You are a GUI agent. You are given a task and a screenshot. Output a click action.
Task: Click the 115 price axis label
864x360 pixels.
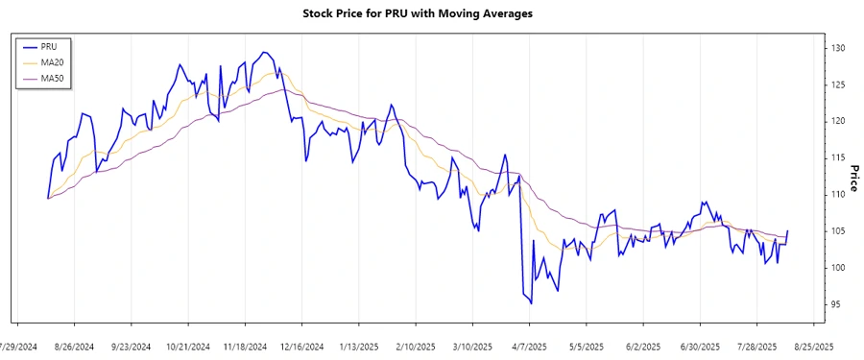pyautogui.click(x=838, y=157)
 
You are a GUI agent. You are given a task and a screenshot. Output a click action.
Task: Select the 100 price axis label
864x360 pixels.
pyautogui.click(x=838, y=268)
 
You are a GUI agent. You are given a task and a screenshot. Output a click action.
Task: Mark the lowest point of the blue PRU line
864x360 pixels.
pyautogui.click(x=531, y=303)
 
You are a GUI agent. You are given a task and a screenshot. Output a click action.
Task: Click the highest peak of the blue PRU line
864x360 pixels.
pyautogui.click(x=264, y=52)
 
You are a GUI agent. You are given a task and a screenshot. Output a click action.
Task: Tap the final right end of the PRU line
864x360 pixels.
pyautogui.click(x=788, y=230)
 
